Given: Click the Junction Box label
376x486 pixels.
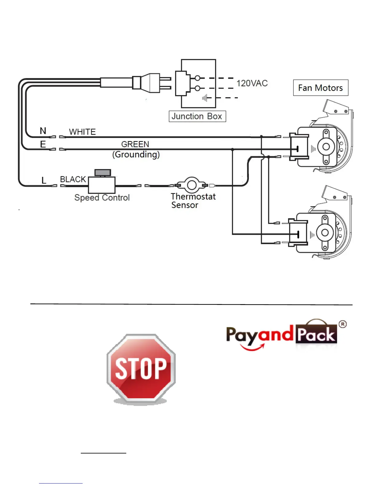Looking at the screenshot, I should point(197,116).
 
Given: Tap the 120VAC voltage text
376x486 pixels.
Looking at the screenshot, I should point(252,83).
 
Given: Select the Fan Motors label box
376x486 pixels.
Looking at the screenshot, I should point(320,88).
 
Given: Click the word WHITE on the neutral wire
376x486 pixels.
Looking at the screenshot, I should point(82,132).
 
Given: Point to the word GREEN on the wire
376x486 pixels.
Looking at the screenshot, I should point(135,144).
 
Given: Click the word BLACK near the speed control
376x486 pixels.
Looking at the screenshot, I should point(73,179).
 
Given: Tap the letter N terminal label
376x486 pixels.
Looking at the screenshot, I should point(43,131).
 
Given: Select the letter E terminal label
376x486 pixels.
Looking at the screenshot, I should point(43,144).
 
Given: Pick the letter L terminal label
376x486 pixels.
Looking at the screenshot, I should point(44,180).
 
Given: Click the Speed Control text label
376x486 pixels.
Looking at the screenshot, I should point(102,198).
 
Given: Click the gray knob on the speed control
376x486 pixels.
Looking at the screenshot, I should point(103,173).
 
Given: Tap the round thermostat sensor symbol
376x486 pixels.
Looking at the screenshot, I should point(192,185).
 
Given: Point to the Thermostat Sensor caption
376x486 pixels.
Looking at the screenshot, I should point(193,201).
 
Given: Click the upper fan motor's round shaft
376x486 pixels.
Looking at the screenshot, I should point(326,147).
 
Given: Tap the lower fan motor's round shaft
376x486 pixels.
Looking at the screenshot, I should point(325,233).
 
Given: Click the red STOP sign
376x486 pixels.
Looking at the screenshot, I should point(141,368).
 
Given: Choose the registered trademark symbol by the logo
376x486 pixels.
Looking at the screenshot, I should point(343,324).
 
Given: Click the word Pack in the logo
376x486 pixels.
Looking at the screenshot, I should point(316,334).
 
